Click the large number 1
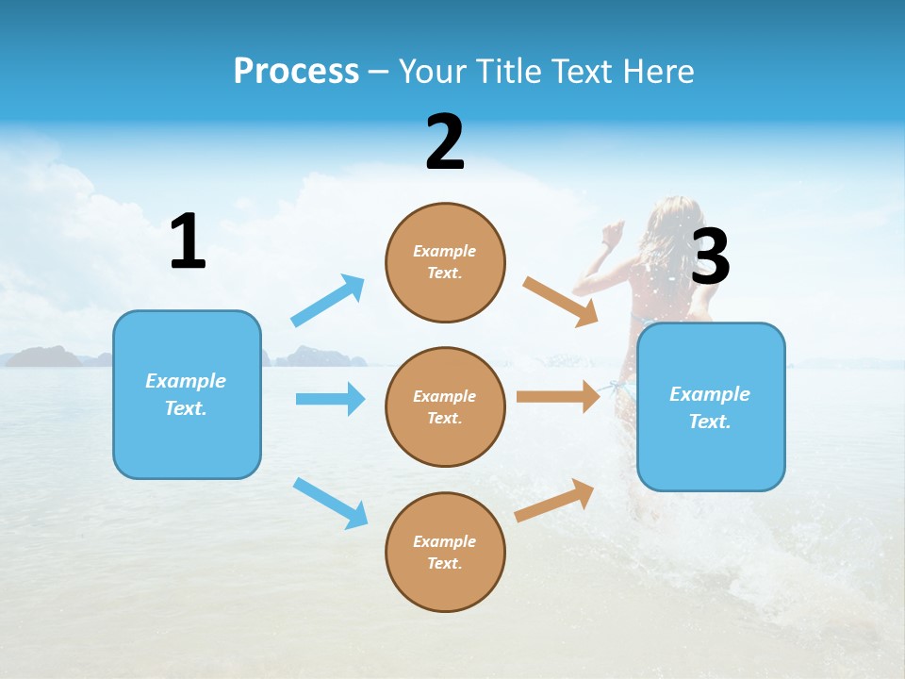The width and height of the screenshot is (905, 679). [188, 241]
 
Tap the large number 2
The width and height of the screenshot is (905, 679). [445, 142]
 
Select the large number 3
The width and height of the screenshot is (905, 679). [710, 257]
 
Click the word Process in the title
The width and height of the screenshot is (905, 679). [296, 71]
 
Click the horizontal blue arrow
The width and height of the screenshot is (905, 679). [330, 399]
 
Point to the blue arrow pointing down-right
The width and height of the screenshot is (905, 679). [331, 503]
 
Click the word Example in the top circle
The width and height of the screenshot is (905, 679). [445, 251]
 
